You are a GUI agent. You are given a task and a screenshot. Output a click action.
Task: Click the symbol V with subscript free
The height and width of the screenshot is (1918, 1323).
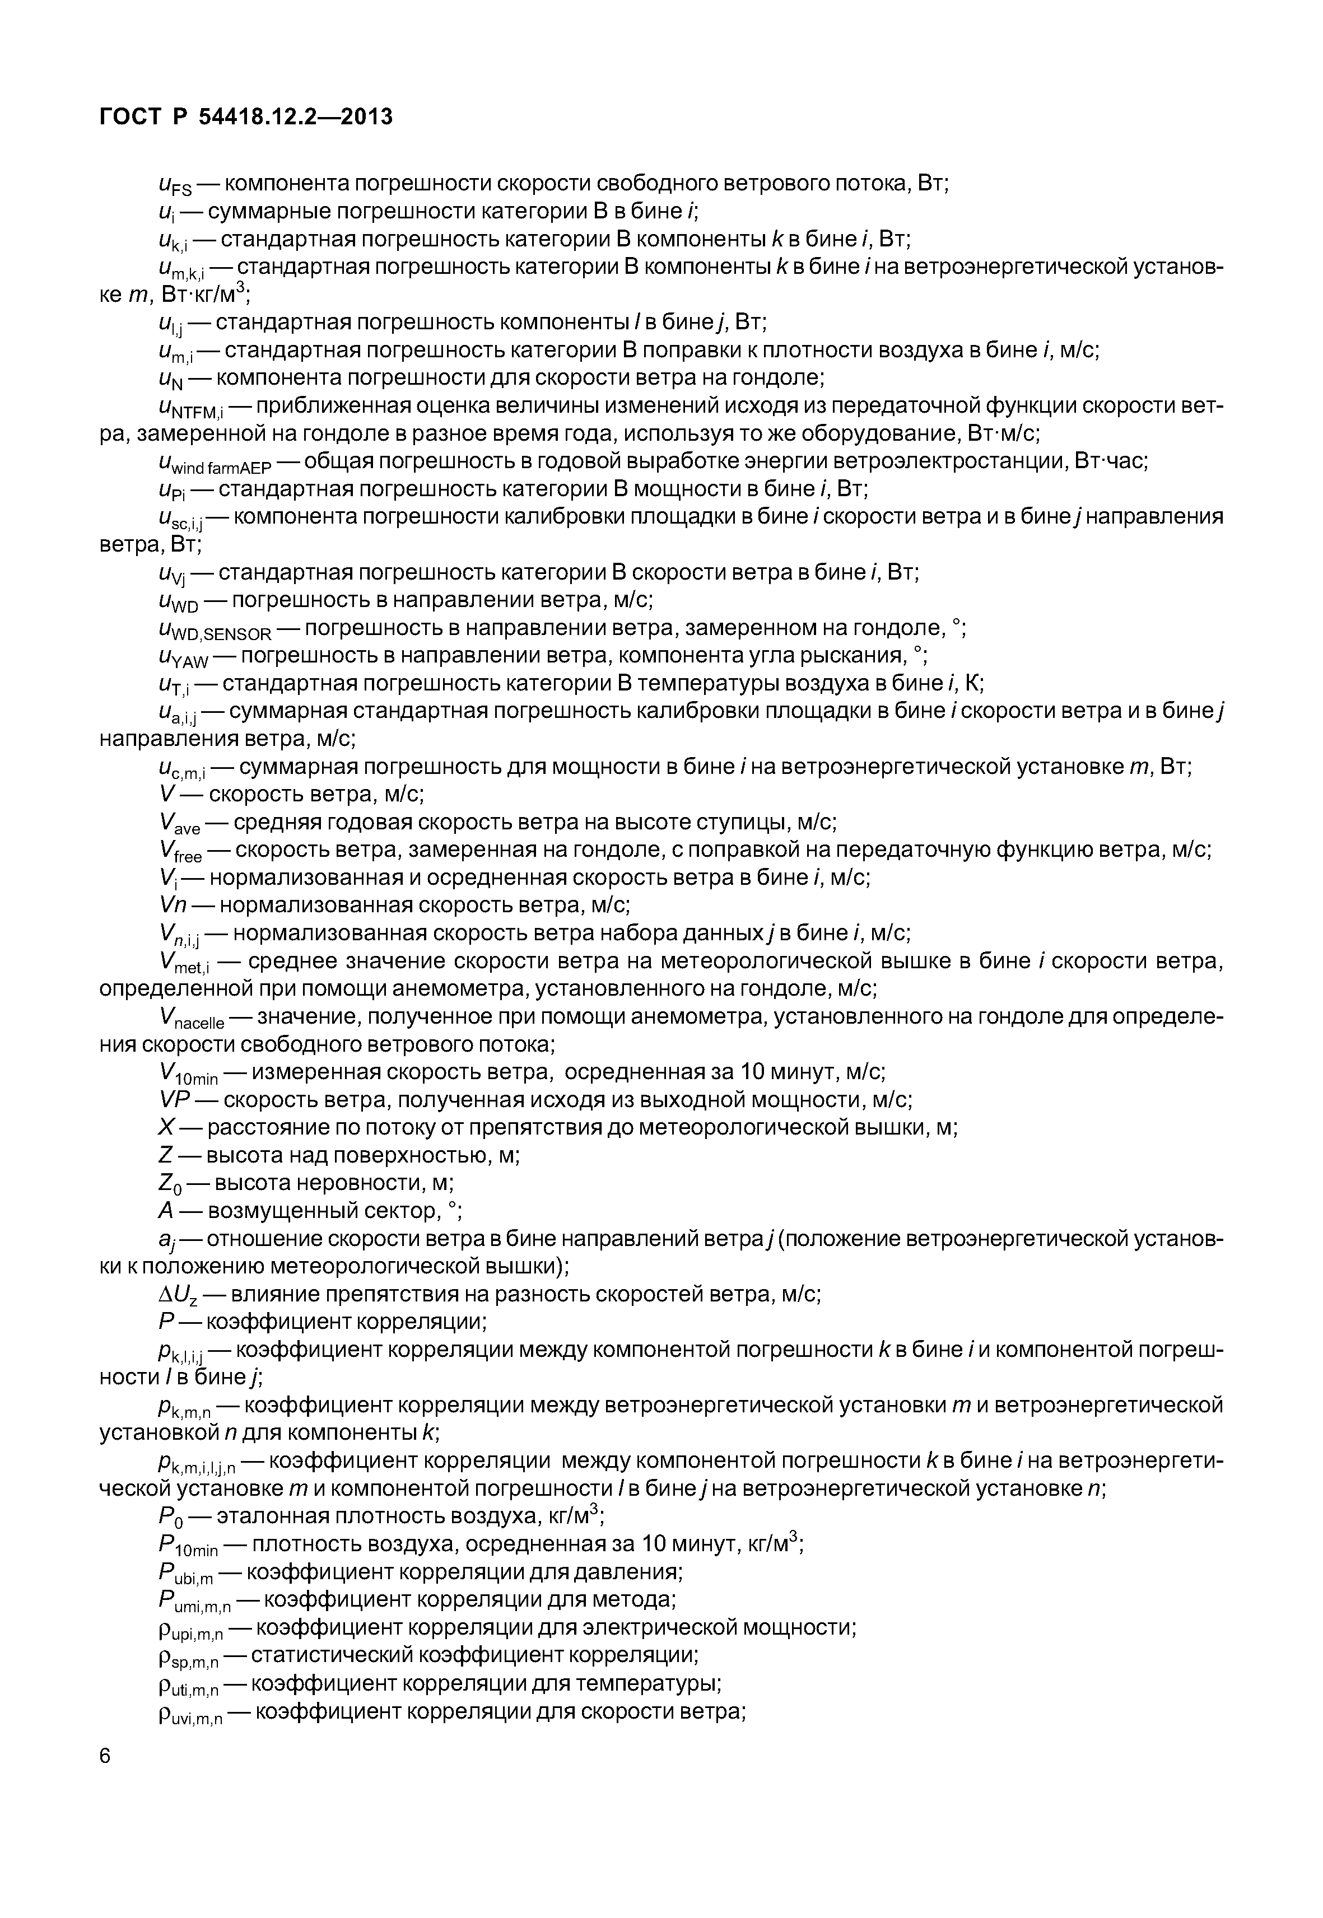(x=180, y=853)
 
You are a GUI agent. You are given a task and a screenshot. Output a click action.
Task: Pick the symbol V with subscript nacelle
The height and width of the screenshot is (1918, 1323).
(x=190, y=1020)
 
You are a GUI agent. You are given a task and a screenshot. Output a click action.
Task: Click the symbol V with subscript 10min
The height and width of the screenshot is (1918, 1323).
(x=188, y=1075)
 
